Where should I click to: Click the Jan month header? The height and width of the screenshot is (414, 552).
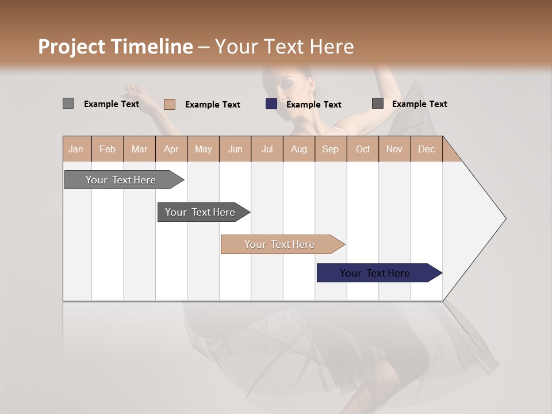point(76,149)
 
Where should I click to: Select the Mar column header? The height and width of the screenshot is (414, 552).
point(139,149)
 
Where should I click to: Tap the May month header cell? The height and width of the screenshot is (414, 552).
point(203,149)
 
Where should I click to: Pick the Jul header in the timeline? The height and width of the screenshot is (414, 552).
point(267,149)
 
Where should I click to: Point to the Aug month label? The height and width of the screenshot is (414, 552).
point(298,149)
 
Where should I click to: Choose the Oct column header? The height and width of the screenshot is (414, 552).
point(362,149)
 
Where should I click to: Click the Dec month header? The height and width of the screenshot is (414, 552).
point(426,149)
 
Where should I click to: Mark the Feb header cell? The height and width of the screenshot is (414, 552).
point(108,149)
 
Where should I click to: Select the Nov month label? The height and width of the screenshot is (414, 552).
point(394,149)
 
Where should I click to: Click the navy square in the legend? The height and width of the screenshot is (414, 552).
point(271,104)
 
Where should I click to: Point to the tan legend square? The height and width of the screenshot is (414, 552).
point(170,104)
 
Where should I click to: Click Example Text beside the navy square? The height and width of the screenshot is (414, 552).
point(313,105)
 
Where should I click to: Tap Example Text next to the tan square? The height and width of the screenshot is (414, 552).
point(212,105)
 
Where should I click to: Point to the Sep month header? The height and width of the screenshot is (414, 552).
point(330,149)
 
